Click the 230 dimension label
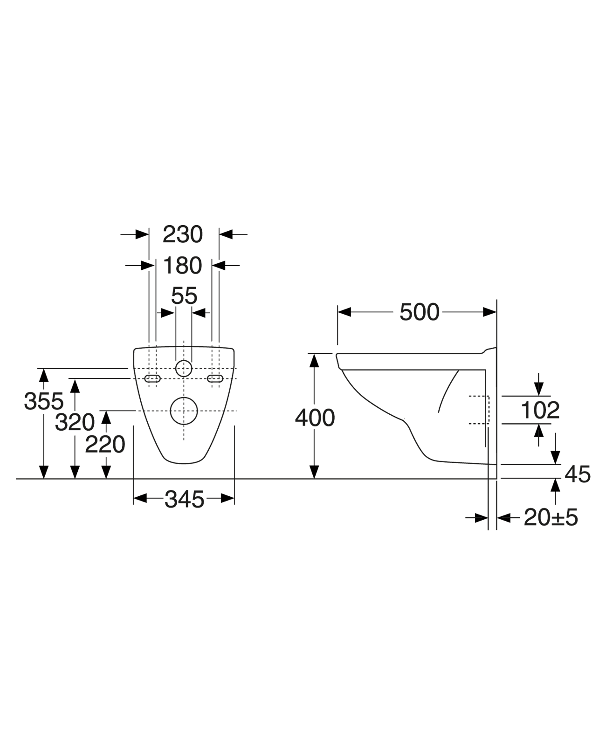183,234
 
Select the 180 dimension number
183,266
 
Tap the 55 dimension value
184,296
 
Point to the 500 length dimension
419,312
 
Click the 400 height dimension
315,418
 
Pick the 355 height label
43,401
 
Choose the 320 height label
75,423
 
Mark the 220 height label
105,444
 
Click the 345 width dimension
184,500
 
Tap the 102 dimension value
539,411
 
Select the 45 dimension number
577,474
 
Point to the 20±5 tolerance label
551,517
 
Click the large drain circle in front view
184,411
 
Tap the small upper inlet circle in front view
184,368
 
